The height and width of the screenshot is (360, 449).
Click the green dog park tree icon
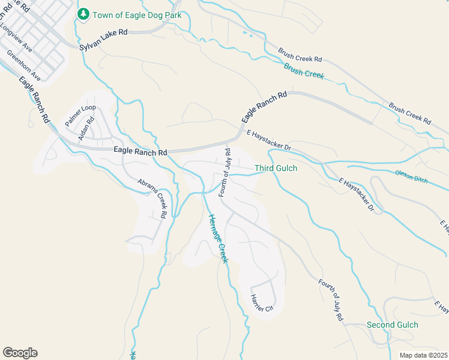83,14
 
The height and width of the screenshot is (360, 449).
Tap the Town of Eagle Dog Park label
137,14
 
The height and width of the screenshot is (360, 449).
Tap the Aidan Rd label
86,128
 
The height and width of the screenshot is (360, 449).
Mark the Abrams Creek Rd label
152,198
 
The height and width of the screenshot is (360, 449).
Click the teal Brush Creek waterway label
304,71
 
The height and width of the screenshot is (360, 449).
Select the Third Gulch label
276,169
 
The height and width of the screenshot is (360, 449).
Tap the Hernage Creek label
218,238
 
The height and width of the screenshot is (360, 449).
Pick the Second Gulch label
392,325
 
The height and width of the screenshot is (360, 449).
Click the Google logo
20,353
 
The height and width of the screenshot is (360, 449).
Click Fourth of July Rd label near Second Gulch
331,299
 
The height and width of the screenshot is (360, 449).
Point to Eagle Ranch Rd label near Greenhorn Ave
34,100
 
